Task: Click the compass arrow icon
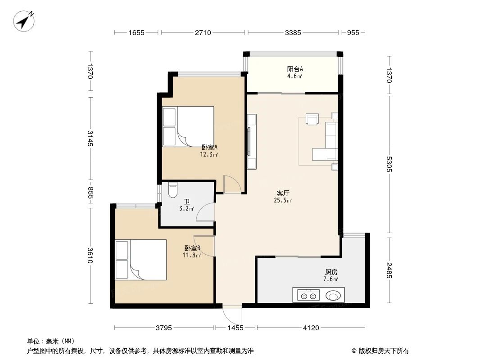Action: [24, 21]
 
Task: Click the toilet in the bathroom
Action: [172, 192]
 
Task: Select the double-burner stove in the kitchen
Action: [307, 296]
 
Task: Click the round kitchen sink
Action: [334, 296]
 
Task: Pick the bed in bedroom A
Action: [188, 126]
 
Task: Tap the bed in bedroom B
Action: [141, 260]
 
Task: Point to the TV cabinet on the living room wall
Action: [252, 141]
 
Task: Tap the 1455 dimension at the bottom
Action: [235, 328]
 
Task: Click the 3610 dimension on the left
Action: [91, 255]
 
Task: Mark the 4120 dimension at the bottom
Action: [310, 328]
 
